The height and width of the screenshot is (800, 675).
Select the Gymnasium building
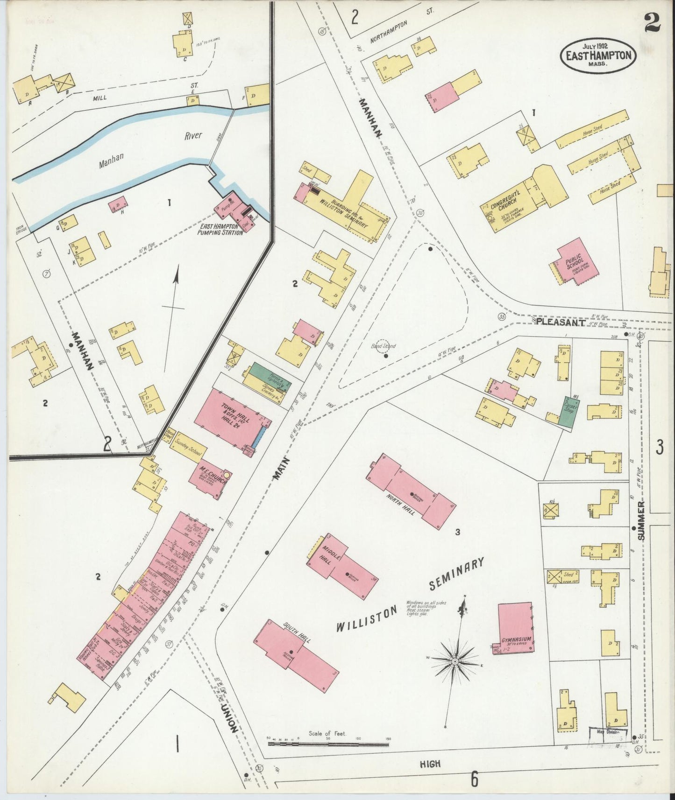pyautogui.click(x=515, y=628)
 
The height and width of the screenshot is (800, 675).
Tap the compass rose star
pyautogui.click(x=455, y=661)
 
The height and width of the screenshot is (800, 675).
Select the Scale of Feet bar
pyautogui.click(x=328, y=744)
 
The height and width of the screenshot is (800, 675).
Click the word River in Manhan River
pyautogui.click(x=193, y=136)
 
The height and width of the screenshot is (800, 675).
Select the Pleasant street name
pyautogui.click(x=560, y=322)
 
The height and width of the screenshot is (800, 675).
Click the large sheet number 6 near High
pyautogui.click(x=475, y=779)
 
